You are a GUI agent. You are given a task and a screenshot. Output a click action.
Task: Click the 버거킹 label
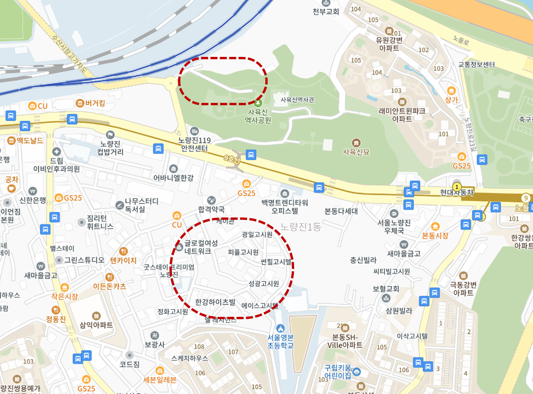(x=95, y=103)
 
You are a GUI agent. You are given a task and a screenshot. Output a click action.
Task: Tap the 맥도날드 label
(x=30, y=141)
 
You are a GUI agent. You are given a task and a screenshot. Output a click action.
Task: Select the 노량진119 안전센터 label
(x=194, y=144)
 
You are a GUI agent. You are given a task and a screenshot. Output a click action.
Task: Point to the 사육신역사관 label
(x=297, y=100)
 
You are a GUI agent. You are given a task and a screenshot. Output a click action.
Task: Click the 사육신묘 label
(x=356, y=152)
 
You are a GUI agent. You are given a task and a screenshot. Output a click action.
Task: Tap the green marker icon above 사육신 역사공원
(x=258, y=103)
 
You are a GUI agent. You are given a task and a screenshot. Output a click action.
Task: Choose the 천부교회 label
(x=326, y=12)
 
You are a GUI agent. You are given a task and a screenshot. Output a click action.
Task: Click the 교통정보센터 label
(x=476, y=65)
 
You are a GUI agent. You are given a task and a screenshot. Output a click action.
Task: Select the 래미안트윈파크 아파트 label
(x=402, y=115)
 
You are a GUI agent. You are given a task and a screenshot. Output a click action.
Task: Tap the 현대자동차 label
(x=457, y=193)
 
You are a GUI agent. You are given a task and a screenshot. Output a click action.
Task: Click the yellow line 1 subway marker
(x=456, y=187)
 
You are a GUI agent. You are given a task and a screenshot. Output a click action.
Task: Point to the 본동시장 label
(x=435, y=235)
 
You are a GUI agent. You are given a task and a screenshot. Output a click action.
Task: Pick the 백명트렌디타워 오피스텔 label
(x=285, y=207)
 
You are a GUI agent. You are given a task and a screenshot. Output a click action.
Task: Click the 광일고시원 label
(x=257, y=234)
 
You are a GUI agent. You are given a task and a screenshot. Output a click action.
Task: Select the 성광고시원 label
(x=264, y=283)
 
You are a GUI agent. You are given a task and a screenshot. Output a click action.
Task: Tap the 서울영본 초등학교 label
(x=281, y=341)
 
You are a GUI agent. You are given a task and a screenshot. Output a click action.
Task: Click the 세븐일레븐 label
(x=160, y=380)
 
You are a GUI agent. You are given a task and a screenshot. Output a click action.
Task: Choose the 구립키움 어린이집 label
(x=338, y=372)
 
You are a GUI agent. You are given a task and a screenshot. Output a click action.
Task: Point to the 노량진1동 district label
(x=300, y=227)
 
